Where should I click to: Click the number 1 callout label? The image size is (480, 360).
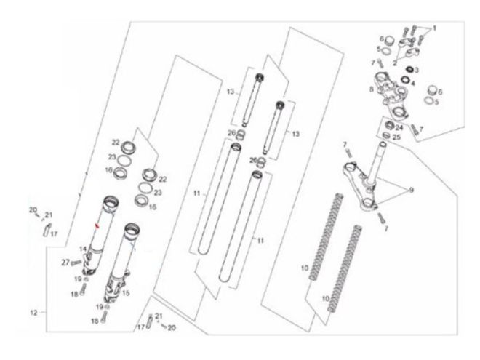(433, 28)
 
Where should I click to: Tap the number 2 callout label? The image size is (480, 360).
(395, 63)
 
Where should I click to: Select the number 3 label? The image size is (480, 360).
(416, 70)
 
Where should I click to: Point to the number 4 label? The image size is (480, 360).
(412, 83)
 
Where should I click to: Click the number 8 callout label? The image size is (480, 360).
(372, 89)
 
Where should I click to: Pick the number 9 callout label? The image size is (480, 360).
(412, 190)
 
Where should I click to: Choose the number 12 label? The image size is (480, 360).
(33, 313)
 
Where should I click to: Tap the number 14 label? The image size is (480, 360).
(83, 249)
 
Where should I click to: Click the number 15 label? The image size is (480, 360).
(126, 293)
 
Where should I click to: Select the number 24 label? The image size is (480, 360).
(399, 127)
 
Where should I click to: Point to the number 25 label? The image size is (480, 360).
(396, 137)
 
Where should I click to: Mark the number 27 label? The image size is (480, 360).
(65, 263)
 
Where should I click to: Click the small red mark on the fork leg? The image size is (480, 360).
(97, 226)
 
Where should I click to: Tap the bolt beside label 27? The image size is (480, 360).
(76, 263)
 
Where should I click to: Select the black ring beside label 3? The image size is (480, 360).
(409, 70)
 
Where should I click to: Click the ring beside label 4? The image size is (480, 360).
(405, 79)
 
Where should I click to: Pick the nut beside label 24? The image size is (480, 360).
(390, 125)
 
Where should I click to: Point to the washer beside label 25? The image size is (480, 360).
(387, 135)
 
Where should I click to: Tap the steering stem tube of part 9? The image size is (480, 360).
(377, 162)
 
